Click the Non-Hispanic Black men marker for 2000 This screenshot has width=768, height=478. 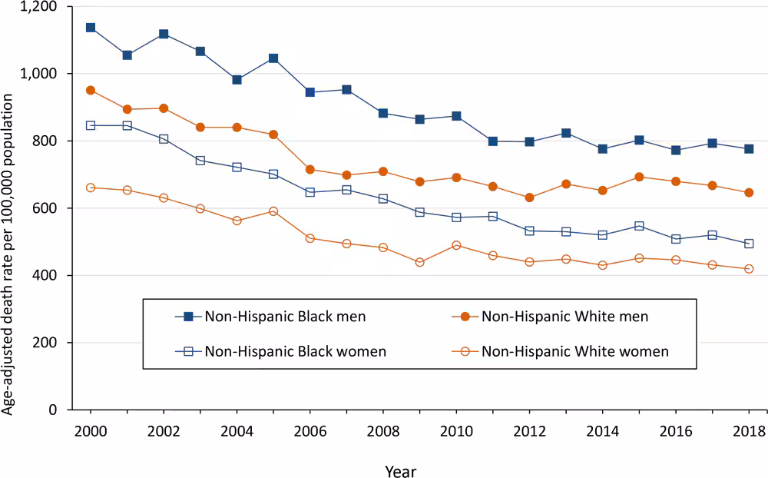[91, 28]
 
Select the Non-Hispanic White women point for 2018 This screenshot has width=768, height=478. [748, 269]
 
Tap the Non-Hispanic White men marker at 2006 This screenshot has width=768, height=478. [310, 169]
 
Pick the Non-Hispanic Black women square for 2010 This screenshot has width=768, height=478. [456, 217]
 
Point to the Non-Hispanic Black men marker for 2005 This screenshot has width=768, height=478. [273, 58]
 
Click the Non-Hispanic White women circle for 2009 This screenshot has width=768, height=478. [419, 262]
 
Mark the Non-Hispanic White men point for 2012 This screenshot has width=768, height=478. [529, 198]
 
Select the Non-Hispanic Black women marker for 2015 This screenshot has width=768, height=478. [639, 226]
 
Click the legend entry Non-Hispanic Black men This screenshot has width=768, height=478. [284, 316]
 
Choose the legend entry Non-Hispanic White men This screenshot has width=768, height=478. [564, 316]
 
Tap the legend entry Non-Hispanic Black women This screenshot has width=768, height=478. [295, 351]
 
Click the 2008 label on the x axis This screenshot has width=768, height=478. [383, 430]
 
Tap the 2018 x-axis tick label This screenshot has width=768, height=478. [748, 430]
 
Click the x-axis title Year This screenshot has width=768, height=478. [400, 468]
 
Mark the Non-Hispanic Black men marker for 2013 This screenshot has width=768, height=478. [566, 134]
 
